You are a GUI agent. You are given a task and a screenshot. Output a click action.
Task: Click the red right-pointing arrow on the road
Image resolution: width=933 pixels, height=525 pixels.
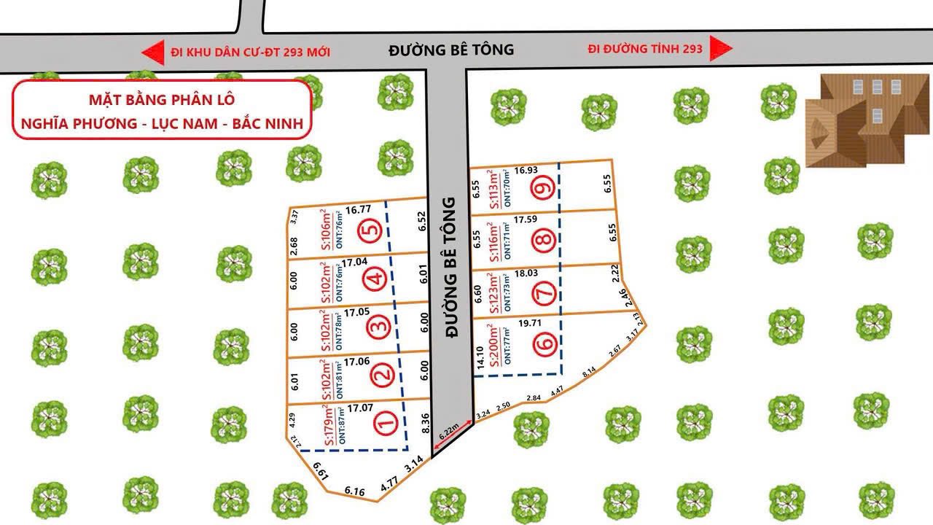pyautogui.click(x=721, y=49)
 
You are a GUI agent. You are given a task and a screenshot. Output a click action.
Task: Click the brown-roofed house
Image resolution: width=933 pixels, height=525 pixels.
pyautogui.click(x=856, y=120)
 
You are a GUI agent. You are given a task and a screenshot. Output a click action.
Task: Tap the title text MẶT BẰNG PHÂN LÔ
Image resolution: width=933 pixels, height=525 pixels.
pyautogui.click(x=162, y=100)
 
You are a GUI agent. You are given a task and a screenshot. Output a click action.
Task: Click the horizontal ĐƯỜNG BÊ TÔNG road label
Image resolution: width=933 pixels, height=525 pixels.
pyautogui.click(x=451, y=50)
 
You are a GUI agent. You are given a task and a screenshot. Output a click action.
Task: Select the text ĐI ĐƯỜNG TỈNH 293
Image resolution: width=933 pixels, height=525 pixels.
pyautogui.click(x=646, y=49)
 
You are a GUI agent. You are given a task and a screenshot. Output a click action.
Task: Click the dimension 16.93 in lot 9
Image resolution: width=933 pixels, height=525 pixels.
pyautogui.click(x=526, y=171)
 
